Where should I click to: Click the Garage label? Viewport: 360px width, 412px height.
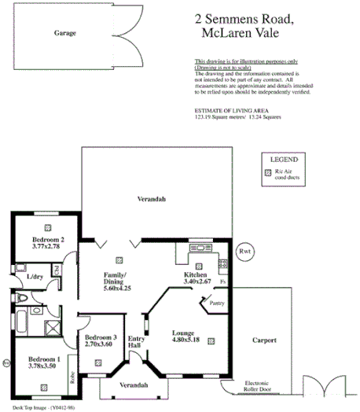(65, 35)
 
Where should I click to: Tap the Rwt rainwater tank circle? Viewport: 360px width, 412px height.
(244, 252)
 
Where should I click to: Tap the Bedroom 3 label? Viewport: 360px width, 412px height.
(101, 337)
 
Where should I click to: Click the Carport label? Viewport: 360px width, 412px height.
(270, 341)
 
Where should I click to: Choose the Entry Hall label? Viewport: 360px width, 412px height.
(134, 343)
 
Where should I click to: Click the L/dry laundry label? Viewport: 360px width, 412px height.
(34, 277)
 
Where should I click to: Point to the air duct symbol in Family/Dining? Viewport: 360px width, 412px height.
(119, 259)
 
